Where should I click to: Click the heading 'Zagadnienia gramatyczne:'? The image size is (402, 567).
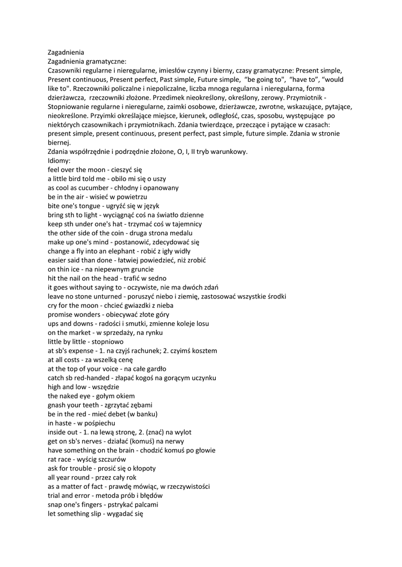87,61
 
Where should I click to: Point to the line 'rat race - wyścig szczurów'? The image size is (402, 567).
87,459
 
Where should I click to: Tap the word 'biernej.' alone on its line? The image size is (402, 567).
59,143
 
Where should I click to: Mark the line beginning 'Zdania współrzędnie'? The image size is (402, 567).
147,152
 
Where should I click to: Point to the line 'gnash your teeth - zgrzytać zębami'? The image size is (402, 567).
100,405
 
